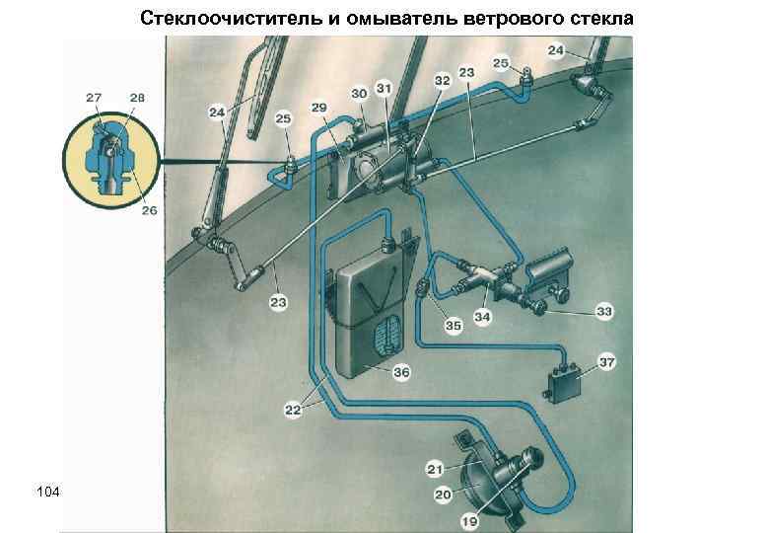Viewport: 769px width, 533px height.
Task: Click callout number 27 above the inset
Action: click(x=94, y=97)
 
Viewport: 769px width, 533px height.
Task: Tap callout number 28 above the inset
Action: click(x=137, y=97)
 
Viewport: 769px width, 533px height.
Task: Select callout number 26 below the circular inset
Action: click(x=149, y=211)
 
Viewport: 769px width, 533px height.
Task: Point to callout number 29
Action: click(x=319, y=107)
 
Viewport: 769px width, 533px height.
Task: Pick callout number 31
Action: click(x=384, y=89)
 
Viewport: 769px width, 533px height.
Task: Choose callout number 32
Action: click(x=443, y=79)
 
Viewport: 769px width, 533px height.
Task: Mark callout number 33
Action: click(x=604, y=312)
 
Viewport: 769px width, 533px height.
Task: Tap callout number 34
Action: click(x=482, y=318)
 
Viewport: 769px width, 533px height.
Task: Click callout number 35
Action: click(x=453, y=325)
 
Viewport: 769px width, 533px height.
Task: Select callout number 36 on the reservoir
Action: click(x=401, y=373)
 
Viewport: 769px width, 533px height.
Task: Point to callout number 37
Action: click(x=607, y=362)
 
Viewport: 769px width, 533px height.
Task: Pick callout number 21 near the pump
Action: click(x=435, y=468)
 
